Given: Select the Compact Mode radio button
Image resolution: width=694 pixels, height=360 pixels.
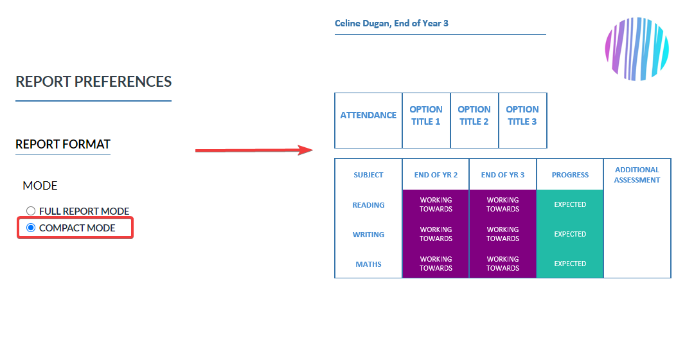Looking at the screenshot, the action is click(31, 228).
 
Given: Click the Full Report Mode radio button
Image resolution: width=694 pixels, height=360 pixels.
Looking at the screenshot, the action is click(31, 211).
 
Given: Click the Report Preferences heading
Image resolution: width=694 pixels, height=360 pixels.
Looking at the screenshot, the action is click(93, 82).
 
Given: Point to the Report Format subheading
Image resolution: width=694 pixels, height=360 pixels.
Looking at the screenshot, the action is click(63, 145).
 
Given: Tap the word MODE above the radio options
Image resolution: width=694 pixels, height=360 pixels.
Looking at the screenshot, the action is click(40, 186).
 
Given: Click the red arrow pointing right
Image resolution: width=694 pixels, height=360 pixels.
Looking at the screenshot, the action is click(254, 150).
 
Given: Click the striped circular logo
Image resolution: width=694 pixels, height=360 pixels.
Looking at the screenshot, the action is click(637, 49).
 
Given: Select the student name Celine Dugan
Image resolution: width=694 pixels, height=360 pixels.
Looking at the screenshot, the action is click(362, 24).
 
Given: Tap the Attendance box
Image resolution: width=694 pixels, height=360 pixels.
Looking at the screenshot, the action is click(368, 120).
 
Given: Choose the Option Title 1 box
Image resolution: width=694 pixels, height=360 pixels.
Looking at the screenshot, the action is click(426, 120).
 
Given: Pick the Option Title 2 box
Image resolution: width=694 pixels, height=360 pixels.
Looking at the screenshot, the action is click(474, 120).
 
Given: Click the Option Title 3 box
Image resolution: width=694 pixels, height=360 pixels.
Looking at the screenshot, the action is click(522, 120).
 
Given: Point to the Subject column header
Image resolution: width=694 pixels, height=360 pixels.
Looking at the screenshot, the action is click(368, 175).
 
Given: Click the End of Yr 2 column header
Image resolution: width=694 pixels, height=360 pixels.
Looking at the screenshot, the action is click(436, 175).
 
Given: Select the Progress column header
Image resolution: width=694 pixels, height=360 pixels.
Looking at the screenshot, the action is click(570, 175).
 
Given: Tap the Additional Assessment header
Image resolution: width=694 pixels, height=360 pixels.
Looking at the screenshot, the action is click(637, 175).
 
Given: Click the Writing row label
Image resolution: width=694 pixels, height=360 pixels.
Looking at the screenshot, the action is click(368, 235).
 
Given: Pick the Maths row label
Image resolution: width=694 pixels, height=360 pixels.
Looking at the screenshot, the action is click(368, 264).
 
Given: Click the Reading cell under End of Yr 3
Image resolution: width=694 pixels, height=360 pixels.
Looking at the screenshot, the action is click(503, 204).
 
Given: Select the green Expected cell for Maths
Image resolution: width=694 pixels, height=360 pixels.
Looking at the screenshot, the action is click(570, 264).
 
